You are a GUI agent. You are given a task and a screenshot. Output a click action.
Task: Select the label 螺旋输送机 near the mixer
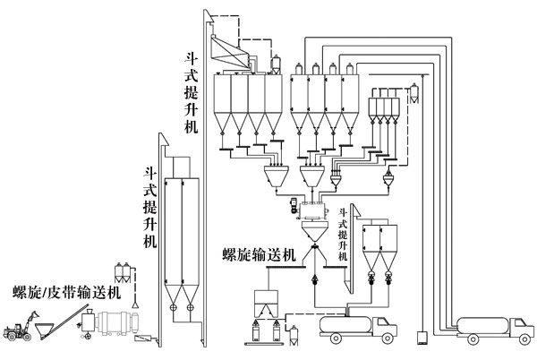click(x=259, y=256)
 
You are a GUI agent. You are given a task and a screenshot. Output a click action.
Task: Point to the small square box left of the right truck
click(x=418, y=339)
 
